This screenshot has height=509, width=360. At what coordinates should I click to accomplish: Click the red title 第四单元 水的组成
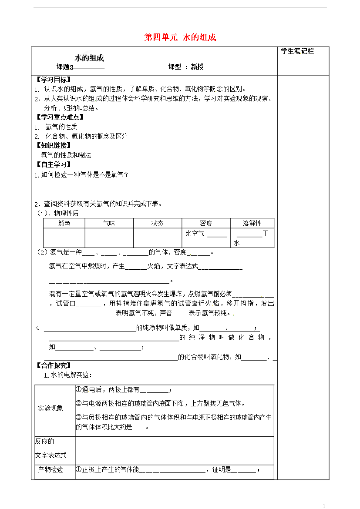(180, 37)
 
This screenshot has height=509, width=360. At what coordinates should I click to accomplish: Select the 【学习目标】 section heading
(53, 80)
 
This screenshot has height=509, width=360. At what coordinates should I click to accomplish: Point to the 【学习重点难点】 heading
(59, 117)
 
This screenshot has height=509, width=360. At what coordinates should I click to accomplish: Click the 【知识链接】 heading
(53, 145)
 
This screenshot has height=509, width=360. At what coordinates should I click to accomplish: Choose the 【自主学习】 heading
(53, 164)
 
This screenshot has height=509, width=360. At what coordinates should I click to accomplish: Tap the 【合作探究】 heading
(53, 365)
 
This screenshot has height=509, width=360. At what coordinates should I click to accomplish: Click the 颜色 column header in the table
(64, 223)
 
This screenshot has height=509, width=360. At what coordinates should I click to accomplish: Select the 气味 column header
(109, 223)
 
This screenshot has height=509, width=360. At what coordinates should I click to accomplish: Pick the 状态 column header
(157, 223)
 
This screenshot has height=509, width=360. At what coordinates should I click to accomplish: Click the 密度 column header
(206, 223)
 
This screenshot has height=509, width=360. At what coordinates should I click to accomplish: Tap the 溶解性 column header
(252, 223)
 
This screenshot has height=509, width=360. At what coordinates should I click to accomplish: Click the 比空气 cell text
(195, 234)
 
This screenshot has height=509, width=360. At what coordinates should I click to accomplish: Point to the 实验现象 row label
(50, 408)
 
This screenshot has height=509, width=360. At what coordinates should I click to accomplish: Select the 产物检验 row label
(50, 469)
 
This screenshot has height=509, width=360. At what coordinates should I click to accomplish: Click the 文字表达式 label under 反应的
(51, 455)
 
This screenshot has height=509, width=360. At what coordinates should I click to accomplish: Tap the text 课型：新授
(186, 67)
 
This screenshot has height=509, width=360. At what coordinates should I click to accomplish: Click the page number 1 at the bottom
(324, 506)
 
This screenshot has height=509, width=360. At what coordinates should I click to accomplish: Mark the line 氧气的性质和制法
(66, 155)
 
